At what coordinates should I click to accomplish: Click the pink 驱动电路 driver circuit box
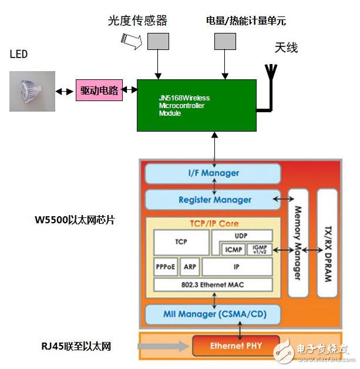(x=99, y=91)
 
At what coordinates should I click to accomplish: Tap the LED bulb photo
(x=32, y=91)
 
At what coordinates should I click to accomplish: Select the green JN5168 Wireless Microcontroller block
(x=196, y=105)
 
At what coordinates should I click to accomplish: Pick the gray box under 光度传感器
(x=157, y=41)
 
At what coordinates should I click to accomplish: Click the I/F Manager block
(x=213, y=173)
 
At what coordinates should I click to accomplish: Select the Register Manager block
(x=213, y=200)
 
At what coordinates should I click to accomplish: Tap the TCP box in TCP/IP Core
(x=181, y=241)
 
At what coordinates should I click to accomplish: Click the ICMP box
(x=233, y=249)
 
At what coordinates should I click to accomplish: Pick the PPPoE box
(x=165, y=267)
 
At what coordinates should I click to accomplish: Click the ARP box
(x=190, y=267)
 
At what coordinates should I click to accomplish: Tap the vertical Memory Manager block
(x=298, y=243)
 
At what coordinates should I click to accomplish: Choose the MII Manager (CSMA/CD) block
(x=213, y=314)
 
